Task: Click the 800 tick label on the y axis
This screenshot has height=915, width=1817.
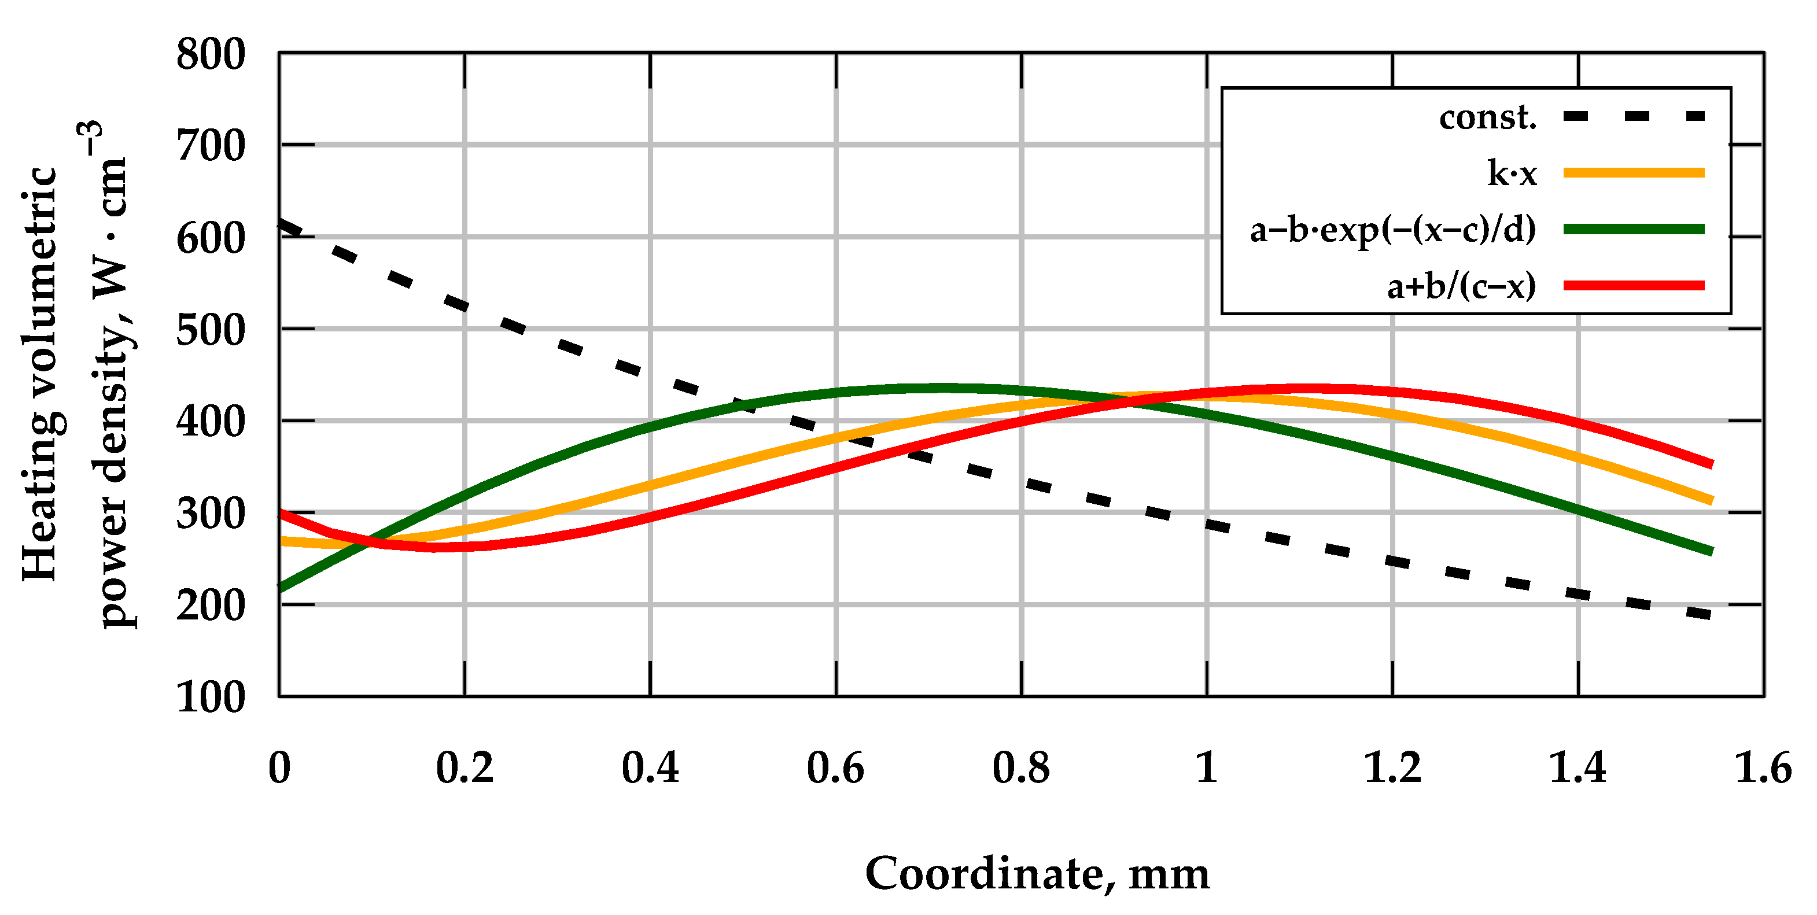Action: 210,55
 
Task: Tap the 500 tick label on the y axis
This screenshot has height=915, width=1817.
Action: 210,330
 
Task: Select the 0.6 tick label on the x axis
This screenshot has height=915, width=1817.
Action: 835,768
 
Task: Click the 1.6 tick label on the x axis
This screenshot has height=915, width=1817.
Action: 1762,768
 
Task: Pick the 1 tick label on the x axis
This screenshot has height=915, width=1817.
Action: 1207,768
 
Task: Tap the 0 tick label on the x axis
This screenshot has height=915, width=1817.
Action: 279,768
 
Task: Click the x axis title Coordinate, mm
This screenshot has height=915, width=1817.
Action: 1037,874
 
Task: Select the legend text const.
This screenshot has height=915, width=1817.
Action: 1487,117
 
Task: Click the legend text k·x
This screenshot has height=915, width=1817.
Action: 1512,173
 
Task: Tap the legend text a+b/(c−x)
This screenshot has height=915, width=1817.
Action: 1461,286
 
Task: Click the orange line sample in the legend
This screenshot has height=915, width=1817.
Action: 1634,173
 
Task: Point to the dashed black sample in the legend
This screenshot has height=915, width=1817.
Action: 1634,116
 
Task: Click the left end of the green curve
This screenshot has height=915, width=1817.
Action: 281,588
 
